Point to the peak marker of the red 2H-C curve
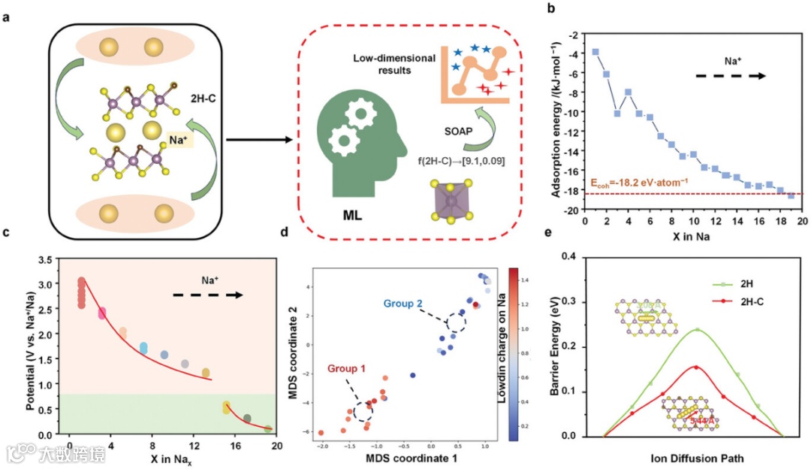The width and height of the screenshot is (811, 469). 695,368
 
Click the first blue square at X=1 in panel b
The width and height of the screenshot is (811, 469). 595,52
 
